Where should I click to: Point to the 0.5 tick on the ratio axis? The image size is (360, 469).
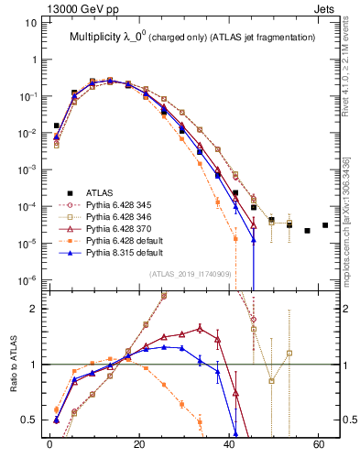(x=30, y=420)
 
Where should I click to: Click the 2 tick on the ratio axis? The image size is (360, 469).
(x=35, y=309)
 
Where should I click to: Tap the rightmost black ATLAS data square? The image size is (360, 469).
(x=325, y=225)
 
